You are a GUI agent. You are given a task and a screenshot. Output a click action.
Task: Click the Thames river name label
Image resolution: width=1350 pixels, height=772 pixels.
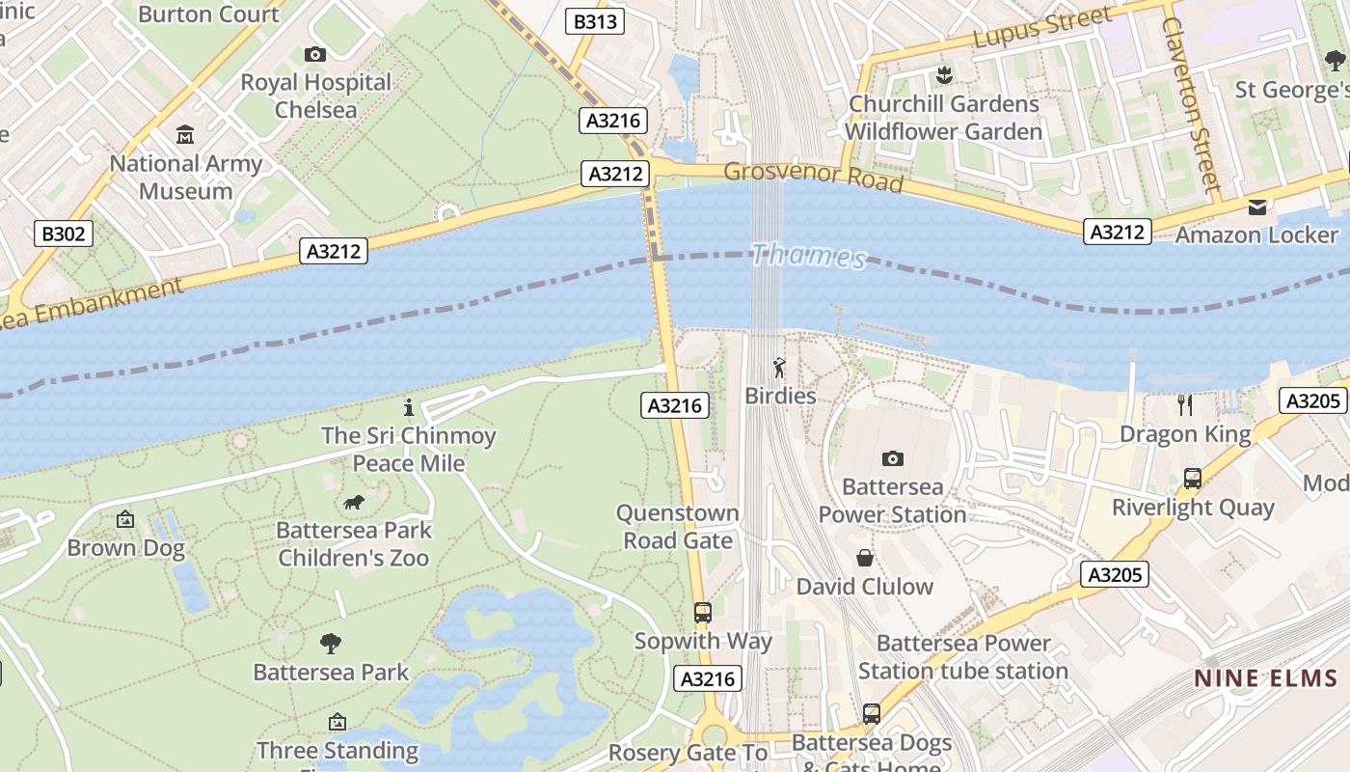(x=808, y=256)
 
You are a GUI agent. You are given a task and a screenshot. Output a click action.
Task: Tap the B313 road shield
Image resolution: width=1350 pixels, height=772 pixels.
(x=596, y=21)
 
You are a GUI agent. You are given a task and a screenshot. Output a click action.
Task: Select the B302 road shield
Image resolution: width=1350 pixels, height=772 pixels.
(x=65, y=234)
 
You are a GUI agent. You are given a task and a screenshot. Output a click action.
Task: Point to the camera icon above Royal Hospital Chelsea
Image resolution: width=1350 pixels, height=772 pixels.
(x=315, y=54)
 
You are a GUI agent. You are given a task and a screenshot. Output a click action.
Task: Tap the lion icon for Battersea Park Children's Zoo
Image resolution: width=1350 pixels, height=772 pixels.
(x=354, y=502)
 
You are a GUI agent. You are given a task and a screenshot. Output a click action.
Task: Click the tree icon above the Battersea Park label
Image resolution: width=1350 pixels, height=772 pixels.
(x=331, y=643)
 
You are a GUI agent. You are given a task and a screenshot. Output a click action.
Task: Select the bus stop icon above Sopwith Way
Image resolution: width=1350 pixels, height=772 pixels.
(x=703, y=612)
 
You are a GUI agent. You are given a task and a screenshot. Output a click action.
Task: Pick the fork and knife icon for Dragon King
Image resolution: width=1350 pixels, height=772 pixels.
(x=1185, y=404)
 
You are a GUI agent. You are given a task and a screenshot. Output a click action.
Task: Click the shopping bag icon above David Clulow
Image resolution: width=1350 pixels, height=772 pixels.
(x=865, y=558)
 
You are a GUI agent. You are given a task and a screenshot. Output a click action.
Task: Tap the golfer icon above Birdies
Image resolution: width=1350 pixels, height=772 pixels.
(x=779, y=368)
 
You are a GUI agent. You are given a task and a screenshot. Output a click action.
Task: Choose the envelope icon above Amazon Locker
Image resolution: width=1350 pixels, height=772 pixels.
(x=1257, y=207)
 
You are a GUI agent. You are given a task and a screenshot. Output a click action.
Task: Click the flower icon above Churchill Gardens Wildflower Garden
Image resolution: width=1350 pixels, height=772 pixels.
(x=944, y=74)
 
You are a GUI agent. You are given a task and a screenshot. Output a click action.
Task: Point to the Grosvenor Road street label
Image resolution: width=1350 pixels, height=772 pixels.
(x=813, y=177)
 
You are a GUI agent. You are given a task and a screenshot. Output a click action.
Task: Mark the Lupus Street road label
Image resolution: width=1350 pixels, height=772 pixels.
(x=1041, y=29)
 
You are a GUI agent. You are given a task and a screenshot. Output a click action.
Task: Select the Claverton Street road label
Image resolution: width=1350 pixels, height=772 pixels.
(x=1191, y=104)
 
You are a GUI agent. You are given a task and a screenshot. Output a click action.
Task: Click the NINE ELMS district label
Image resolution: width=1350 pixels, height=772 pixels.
(x=1265, y=678)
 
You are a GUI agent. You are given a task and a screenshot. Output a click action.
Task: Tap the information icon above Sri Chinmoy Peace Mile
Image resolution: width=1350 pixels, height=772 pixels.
(x=409, y=407)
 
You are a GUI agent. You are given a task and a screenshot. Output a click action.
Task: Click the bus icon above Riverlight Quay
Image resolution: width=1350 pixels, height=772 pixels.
(x=1193, y=478)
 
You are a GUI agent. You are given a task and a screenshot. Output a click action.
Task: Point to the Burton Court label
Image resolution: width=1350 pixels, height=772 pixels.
(x=208, y=14)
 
